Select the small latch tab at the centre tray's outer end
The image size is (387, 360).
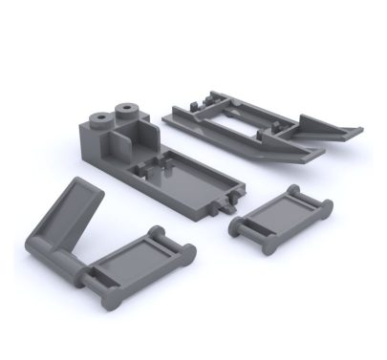[x=226, y=203]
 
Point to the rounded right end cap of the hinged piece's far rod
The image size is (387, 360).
[x=189, y=253]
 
